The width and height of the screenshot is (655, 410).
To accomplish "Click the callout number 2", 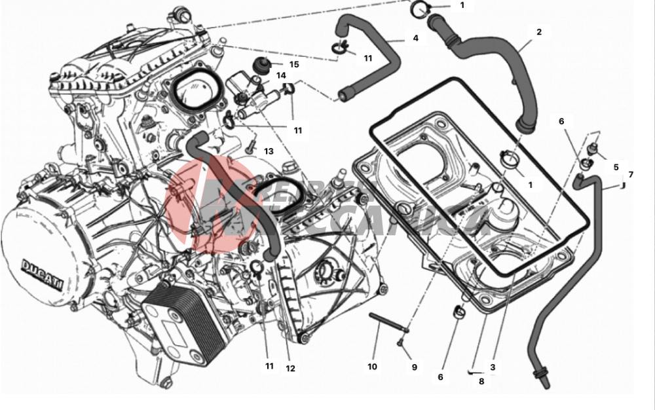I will click(x=539, y=31).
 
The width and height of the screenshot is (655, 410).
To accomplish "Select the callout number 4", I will click(x=415, y=38).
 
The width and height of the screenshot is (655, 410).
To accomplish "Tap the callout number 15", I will click(x=294, y=64).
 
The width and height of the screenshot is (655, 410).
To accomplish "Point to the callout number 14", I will click(x=281, y=75).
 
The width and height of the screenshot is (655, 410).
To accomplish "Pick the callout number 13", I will click(x=269, y=151).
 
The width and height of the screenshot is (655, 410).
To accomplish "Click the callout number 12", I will click(x=290, y=368).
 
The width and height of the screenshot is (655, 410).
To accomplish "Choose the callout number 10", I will click(x=372, y=367).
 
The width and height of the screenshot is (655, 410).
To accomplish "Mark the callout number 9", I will click(x=414, y=367).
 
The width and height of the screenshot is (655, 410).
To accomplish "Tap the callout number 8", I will click(x=481, y=381).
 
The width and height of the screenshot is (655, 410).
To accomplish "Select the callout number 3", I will click(x=493, y=367).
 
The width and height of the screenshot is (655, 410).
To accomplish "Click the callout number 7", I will click(x=631, y=174).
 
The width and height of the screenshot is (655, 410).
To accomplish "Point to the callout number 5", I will click(x=616, y=166).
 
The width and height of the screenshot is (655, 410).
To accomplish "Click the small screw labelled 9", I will click(x=402, y=342).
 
